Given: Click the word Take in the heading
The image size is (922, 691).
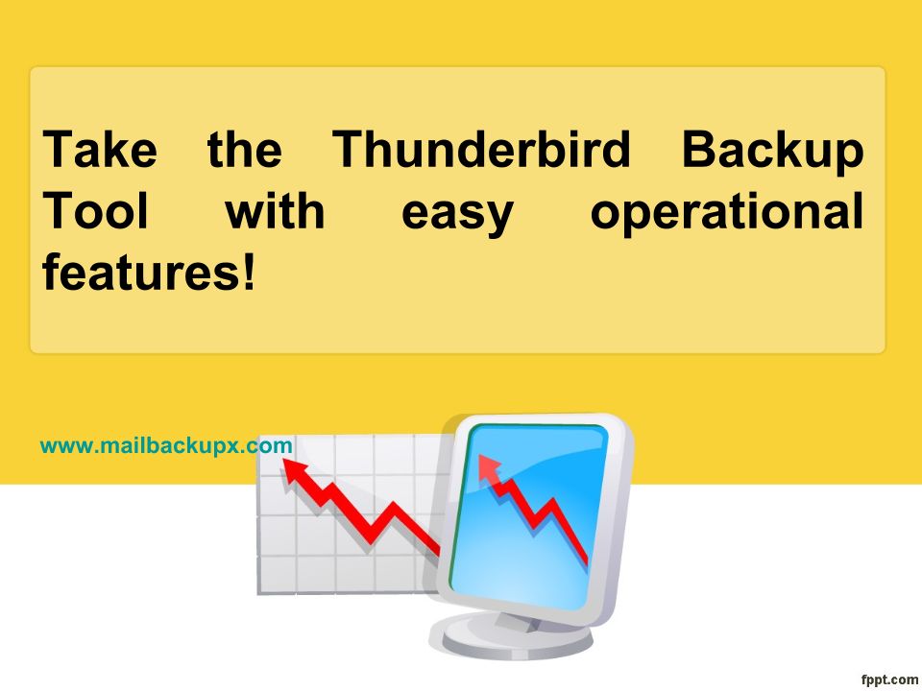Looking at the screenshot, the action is [100, 150].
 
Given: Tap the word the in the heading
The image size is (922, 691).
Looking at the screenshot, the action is [245, 150].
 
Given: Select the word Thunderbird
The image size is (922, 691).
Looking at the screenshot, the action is [481, 150].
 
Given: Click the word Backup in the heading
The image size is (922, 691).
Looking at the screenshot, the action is [772, 152].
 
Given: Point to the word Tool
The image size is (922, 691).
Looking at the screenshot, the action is [95, 210].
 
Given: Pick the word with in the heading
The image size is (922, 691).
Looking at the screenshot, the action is [276, 210].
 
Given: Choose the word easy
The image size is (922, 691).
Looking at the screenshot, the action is [457, 215].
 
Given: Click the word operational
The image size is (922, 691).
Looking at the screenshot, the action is [727, 213].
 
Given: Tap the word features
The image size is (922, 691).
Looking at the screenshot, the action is [139, 272].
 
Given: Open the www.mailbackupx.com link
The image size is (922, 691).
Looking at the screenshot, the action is [166, 445].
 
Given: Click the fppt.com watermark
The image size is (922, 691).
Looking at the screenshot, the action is [889, 679].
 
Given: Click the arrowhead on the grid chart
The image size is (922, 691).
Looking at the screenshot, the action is [295, 470].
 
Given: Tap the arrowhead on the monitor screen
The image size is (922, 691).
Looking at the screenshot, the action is [489, 466].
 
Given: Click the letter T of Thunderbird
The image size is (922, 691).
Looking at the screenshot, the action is [352, 150].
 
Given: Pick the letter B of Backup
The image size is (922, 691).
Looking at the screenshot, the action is [700, 150].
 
